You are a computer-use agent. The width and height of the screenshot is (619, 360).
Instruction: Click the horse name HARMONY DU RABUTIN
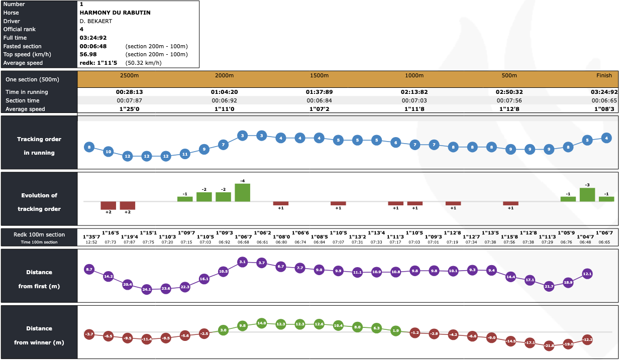(x=115, y=12)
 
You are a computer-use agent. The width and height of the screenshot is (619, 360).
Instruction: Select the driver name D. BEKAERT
(x=96, y=21)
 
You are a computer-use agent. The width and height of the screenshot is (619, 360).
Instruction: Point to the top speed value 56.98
(x=88, y=54)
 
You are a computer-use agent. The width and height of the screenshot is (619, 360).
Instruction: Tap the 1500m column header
(x=319, y=75)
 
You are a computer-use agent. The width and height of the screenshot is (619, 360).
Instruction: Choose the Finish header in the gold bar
(x=604, y=75)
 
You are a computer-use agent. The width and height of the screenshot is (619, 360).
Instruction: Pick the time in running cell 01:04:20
(x=224, y=92)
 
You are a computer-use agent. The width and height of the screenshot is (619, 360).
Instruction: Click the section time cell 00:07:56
(x=509, y=100)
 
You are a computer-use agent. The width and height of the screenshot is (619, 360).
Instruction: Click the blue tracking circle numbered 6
(x=395, y=143)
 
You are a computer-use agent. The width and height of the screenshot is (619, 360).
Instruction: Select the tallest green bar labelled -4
(x=243, y=192)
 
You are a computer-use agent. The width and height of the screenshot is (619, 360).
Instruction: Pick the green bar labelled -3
(x=587, y=194)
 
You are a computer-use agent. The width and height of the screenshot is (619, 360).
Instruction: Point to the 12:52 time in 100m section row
(x=91, y=243)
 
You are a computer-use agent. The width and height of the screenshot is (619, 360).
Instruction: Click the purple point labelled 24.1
(x=147, y=289)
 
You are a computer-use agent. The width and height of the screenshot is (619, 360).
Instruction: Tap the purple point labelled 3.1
(x=243, y=262)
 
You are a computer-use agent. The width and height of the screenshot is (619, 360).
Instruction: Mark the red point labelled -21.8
(x=549, y=345)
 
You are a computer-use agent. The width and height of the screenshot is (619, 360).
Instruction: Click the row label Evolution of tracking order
(x=39, y=202)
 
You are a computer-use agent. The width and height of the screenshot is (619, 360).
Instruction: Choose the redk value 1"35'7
(x=91, y=236)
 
